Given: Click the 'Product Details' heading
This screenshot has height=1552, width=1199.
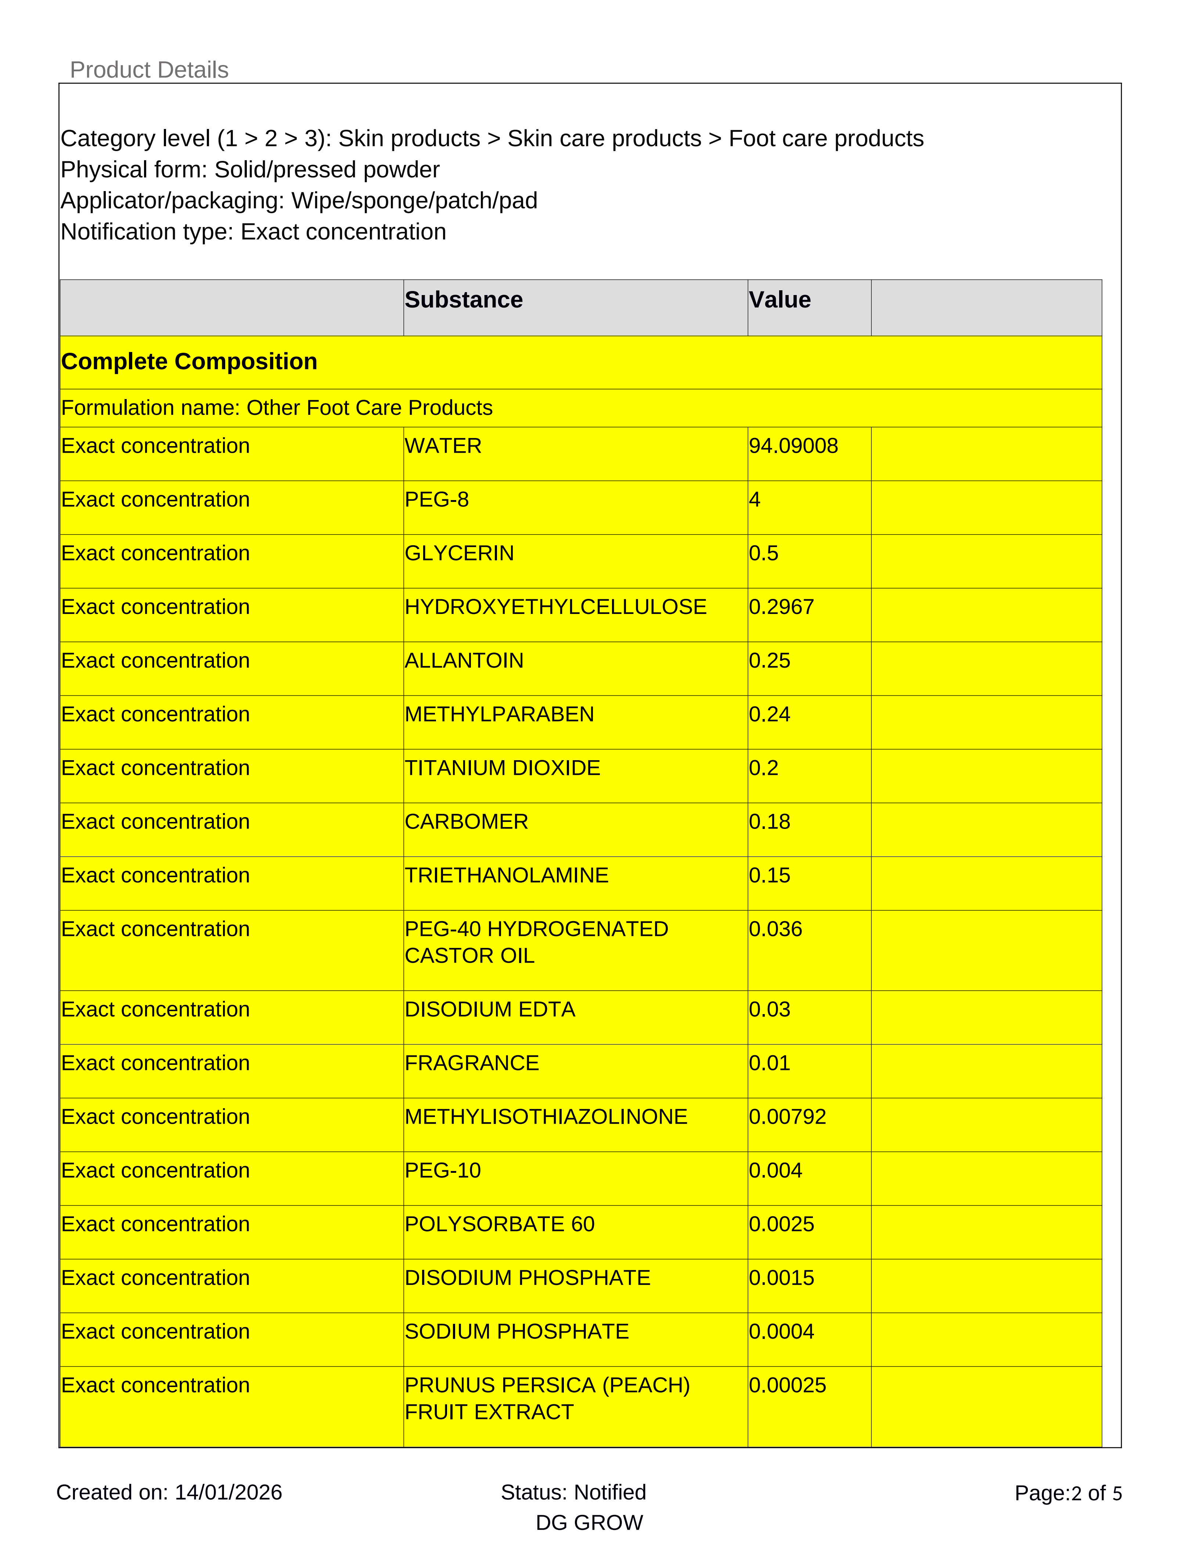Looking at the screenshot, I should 149,70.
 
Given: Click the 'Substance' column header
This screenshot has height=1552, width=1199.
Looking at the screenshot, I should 464,300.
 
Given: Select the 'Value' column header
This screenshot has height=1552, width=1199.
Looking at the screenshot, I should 780,300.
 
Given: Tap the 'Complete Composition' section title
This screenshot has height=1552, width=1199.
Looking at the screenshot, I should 189,362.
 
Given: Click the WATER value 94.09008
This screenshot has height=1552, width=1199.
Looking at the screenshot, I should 793,446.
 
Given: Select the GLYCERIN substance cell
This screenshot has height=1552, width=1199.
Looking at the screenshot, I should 459,554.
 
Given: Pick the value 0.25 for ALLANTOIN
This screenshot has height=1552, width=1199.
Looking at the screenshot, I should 769,661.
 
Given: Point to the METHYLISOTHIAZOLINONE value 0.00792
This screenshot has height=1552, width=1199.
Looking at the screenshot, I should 787,1117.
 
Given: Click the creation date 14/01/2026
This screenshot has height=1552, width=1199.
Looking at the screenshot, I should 228,1492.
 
